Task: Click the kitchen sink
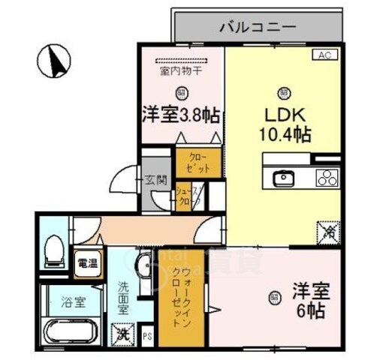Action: [283, 178]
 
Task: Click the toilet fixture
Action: [54, 249]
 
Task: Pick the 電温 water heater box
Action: [87, 262]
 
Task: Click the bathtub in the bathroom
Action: [71, 331]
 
